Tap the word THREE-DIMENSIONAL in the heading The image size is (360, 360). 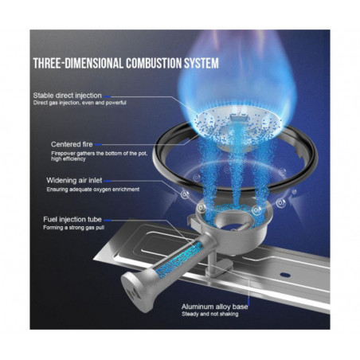tap(78, 64)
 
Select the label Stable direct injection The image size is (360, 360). tap(68, 96)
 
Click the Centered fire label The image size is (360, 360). tap(72, 144)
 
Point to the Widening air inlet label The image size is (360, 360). tap(74, 181)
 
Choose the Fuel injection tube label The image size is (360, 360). tap(72, 220)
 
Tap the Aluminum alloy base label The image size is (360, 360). tap(214, 307)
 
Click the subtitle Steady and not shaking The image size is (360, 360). tap(210, 315)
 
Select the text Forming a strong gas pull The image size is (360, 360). tap(74, 228)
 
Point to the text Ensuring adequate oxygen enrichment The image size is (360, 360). tap(93, 190)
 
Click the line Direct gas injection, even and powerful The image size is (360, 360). tap(80, 103)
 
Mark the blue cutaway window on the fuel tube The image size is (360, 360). tap(179, 259)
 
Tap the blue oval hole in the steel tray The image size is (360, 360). tap(285, 275)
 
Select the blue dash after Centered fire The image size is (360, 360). tap(98, 145)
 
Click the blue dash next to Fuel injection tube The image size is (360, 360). tap(107, 220)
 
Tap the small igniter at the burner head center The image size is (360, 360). tap(238, 117)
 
